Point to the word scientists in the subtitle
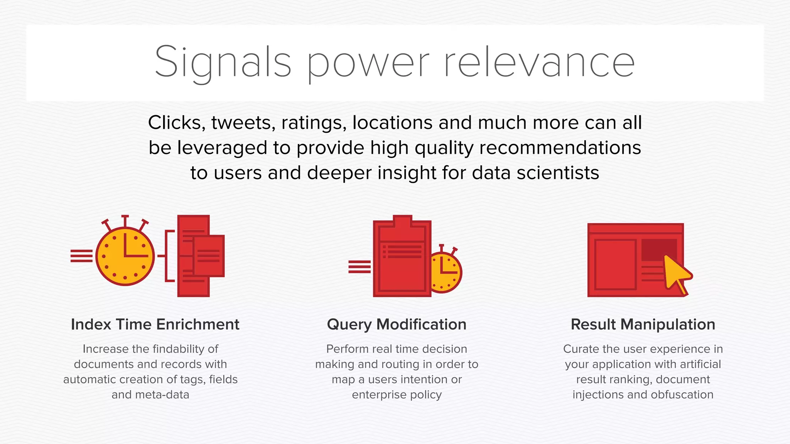pos(558,173)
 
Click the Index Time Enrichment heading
pos(155,325)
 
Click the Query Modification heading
pos(397,325)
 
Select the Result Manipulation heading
pos(643,325)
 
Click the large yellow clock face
pos(125,256)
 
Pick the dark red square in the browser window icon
pos(658,249)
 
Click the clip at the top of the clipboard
pos(402,221)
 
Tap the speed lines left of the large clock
pos(81,256)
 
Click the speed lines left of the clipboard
pos(359,267)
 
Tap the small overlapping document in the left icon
pos(209,256)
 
